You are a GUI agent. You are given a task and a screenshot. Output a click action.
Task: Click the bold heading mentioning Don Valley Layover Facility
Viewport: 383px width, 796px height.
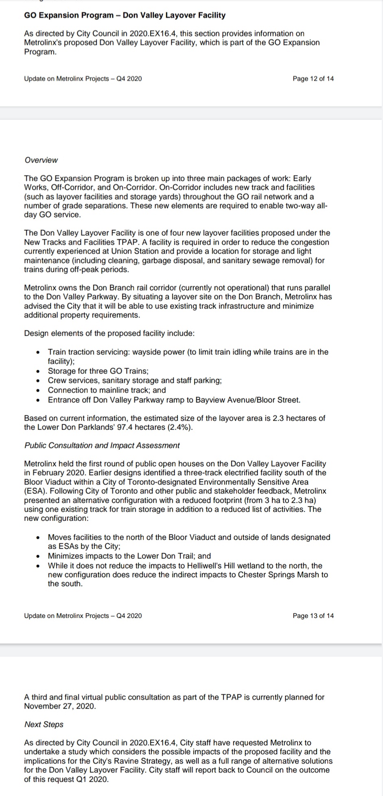click(x=125, y=15)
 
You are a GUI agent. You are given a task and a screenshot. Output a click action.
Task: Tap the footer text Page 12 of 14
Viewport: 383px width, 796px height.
click(x=313, y=78)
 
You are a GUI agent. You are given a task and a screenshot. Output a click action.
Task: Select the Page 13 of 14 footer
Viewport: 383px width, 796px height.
click(x=313, y=616)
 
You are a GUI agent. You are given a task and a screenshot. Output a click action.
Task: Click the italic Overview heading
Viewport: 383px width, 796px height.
click(x=41, y=160)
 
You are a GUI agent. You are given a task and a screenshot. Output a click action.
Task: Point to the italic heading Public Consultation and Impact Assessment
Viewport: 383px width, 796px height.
click(x=102, y=445)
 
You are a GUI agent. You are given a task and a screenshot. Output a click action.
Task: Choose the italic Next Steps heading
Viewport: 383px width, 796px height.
click(x=44, y=724)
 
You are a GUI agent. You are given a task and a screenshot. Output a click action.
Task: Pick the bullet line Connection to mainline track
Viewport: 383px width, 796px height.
click(x=107, y=390)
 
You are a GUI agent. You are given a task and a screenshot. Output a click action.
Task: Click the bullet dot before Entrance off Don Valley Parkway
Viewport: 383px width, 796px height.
click(x=38, y=400)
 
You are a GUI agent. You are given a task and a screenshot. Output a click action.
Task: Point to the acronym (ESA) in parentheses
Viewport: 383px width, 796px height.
click(x=34, y=491)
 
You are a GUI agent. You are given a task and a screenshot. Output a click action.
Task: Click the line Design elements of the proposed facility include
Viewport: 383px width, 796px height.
click(x=109, y=334)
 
